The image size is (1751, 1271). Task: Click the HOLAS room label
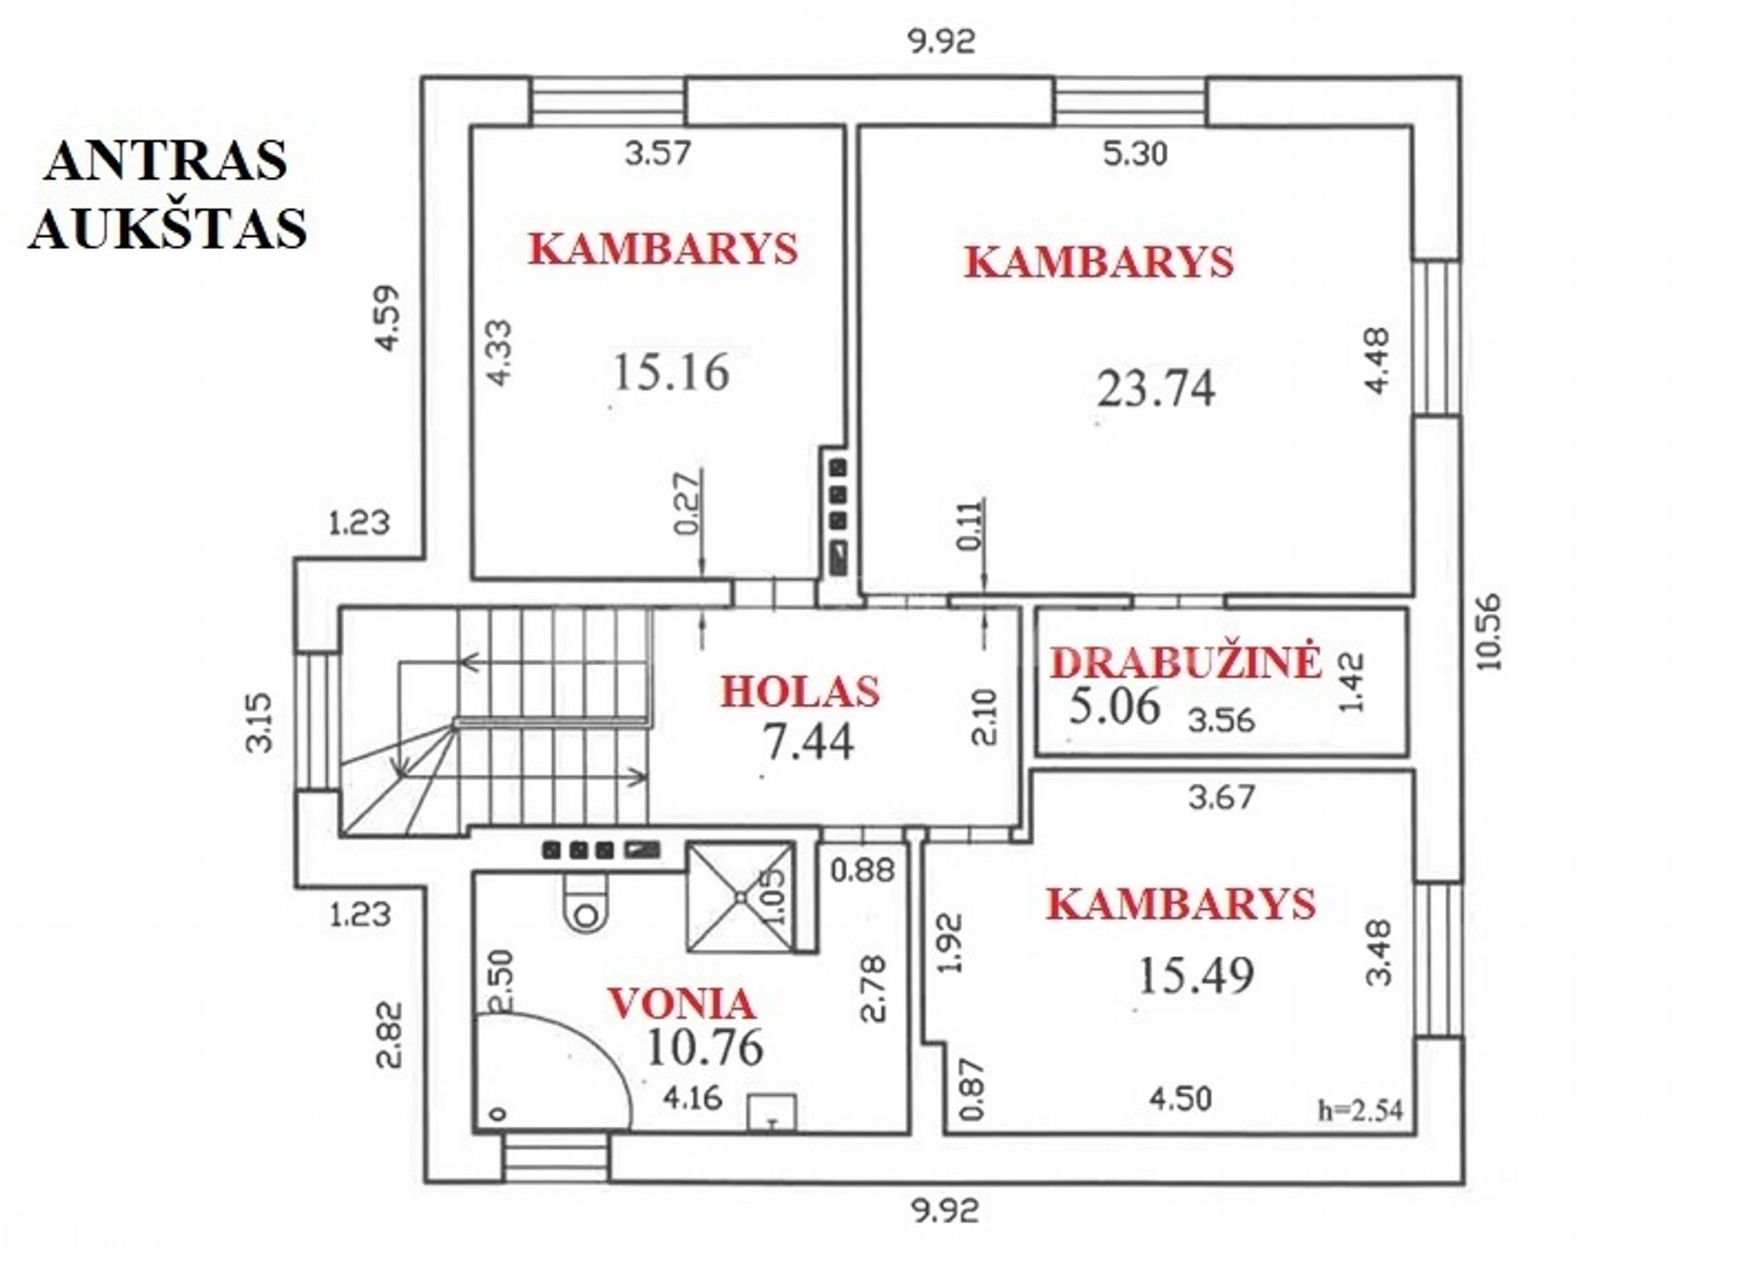click(x=800, y=691)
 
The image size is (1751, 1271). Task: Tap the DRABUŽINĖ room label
click(x=1186, y=662)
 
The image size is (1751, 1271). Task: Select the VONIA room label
click(x=681, y=1004)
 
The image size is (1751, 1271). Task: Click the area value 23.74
click(x=1156, y=388)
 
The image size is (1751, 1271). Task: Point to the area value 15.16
click(x=671, y=372)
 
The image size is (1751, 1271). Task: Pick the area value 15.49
click(x=1196, y=975)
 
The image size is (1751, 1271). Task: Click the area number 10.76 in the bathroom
click(x=705, y=1047)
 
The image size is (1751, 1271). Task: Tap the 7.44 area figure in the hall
click(x=808, y=741)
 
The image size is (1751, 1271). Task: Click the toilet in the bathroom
click(x=585, y=903)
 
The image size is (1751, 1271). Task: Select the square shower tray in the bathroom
click(x=740, y=896)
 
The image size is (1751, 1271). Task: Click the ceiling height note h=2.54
click(x=1360, y=1110)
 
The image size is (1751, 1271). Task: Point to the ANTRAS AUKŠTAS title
click(x=168, y=194)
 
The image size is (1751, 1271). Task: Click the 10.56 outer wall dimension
click(x=1487, y=631)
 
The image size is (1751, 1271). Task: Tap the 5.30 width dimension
click(x=1135, y=153)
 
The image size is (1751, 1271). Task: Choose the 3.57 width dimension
click(x=657, y=152)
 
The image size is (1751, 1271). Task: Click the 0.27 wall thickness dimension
click(x=687, y=503)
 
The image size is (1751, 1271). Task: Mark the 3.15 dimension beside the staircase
click(x=261, y=723)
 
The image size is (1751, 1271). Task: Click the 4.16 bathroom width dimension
click(x=693, y=1098)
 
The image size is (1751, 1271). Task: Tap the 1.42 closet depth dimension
click(x=1350, y=682)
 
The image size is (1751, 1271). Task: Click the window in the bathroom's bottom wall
click(x=556, y=1157)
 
